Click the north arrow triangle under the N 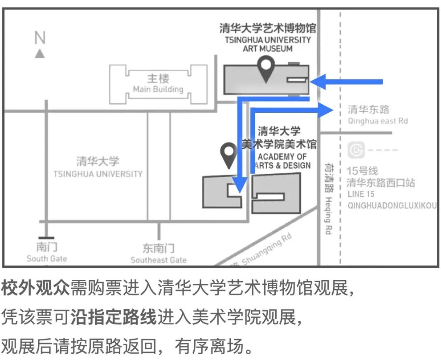[40, 53]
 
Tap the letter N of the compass [40, 38]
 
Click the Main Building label [158, 89]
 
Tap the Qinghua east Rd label [377, 121]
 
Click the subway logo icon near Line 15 [356, 151]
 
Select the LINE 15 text [361, 194]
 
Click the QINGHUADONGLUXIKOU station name [392, 205]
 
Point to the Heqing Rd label [329, 216]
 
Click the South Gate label [47, 258]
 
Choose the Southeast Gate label [159, 260]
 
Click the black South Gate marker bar [46, 237]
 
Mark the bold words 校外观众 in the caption [36, 289]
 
